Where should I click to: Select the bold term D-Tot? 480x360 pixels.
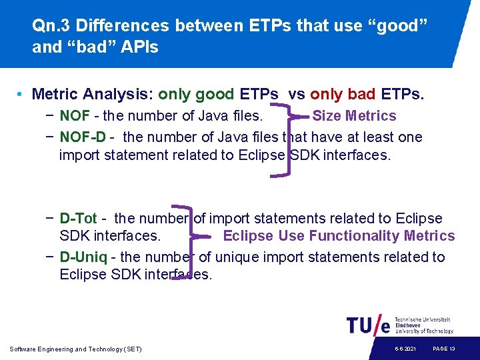[78, 219]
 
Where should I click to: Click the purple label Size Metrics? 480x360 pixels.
[354, 116]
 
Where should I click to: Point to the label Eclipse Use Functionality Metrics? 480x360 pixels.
[339, 236]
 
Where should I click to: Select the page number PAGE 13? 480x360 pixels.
[444, 349]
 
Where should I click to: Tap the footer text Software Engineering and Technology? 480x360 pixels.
[76, 349]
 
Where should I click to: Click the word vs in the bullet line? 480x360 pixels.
[297, 95]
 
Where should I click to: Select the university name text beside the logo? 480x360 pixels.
[423, 325]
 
